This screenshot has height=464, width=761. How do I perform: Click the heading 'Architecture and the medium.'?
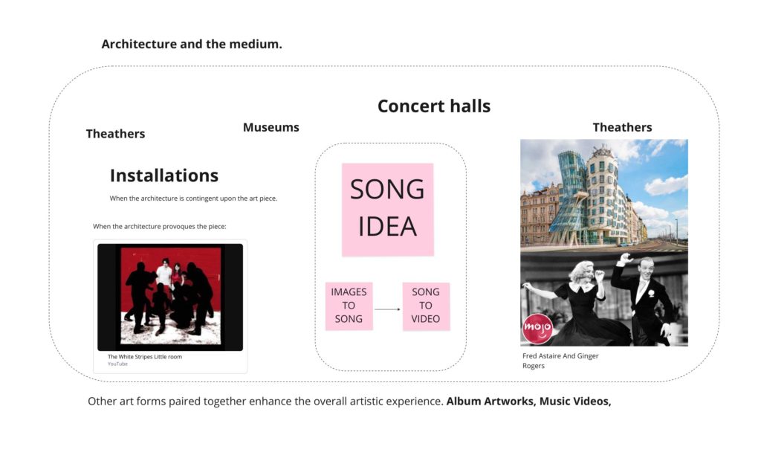[192, 44]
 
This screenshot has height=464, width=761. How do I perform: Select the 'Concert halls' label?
[434, 106]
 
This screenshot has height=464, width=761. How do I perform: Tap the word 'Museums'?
[271, 127]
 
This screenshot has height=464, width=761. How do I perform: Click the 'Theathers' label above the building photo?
[622, 127]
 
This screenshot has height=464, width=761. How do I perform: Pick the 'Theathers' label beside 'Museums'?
[115, 133]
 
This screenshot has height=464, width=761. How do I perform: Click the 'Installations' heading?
[164, 175]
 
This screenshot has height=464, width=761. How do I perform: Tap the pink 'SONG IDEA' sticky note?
[387, 210]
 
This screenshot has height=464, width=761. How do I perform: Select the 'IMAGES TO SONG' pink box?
[349, 306]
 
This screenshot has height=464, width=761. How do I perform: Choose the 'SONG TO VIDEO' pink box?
[426, 306]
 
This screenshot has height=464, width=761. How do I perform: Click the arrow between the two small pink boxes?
[387, 309]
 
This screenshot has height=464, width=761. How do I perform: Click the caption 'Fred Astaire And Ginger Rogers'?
[560, 361]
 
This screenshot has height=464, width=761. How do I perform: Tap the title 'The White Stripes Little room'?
[145, 357]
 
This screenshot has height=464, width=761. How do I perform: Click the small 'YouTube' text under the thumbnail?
[117, 364]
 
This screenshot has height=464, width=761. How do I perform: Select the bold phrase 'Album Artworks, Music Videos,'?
[528, 402]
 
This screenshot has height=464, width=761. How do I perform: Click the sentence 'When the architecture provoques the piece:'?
[160, 226]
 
